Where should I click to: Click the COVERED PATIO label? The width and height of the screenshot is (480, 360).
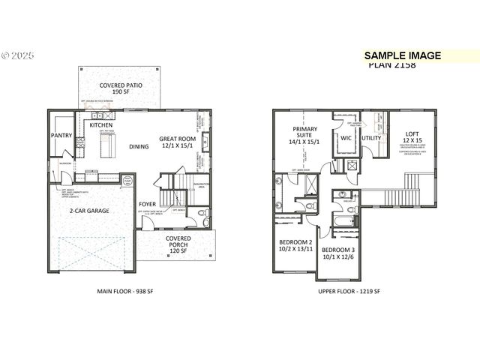[x=121, y=85]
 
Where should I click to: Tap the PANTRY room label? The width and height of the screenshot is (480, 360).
[x=61, y=136]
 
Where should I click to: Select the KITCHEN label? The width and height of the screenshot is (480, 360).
[x=101, y=125]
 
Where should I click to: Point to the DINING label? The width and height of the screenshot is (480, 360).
[x=139, y=147]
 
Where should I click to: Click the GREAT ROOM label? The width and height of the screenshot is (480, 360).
[x=177, y=139]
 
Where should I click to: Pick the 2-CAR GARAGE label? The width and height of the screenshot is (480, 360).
[x=91, y=211]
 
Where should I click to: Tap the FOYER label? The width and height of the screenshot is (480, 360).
[x=148, y=204]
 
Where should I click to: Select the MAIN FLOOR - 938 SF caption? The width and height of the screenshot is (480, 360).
[x=125, y=291]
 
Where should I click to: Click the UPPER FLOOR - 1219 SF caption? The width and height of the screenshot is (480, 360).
[x=350, y=291]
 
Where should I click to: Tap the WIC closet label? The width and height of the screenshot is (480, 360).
[x=346, y=138]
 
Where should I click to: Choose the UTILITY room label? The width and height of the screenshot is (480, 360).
[x=372, y=138]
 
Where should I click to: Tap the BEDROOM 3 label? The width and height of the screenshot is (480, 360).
[x=337, y=249]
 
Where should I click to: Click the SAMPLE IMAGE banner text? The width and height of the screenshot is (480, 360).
[x=403, y=55]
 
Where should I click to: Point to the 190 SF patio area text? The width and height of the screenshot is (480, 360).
[x=121, y=94]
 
